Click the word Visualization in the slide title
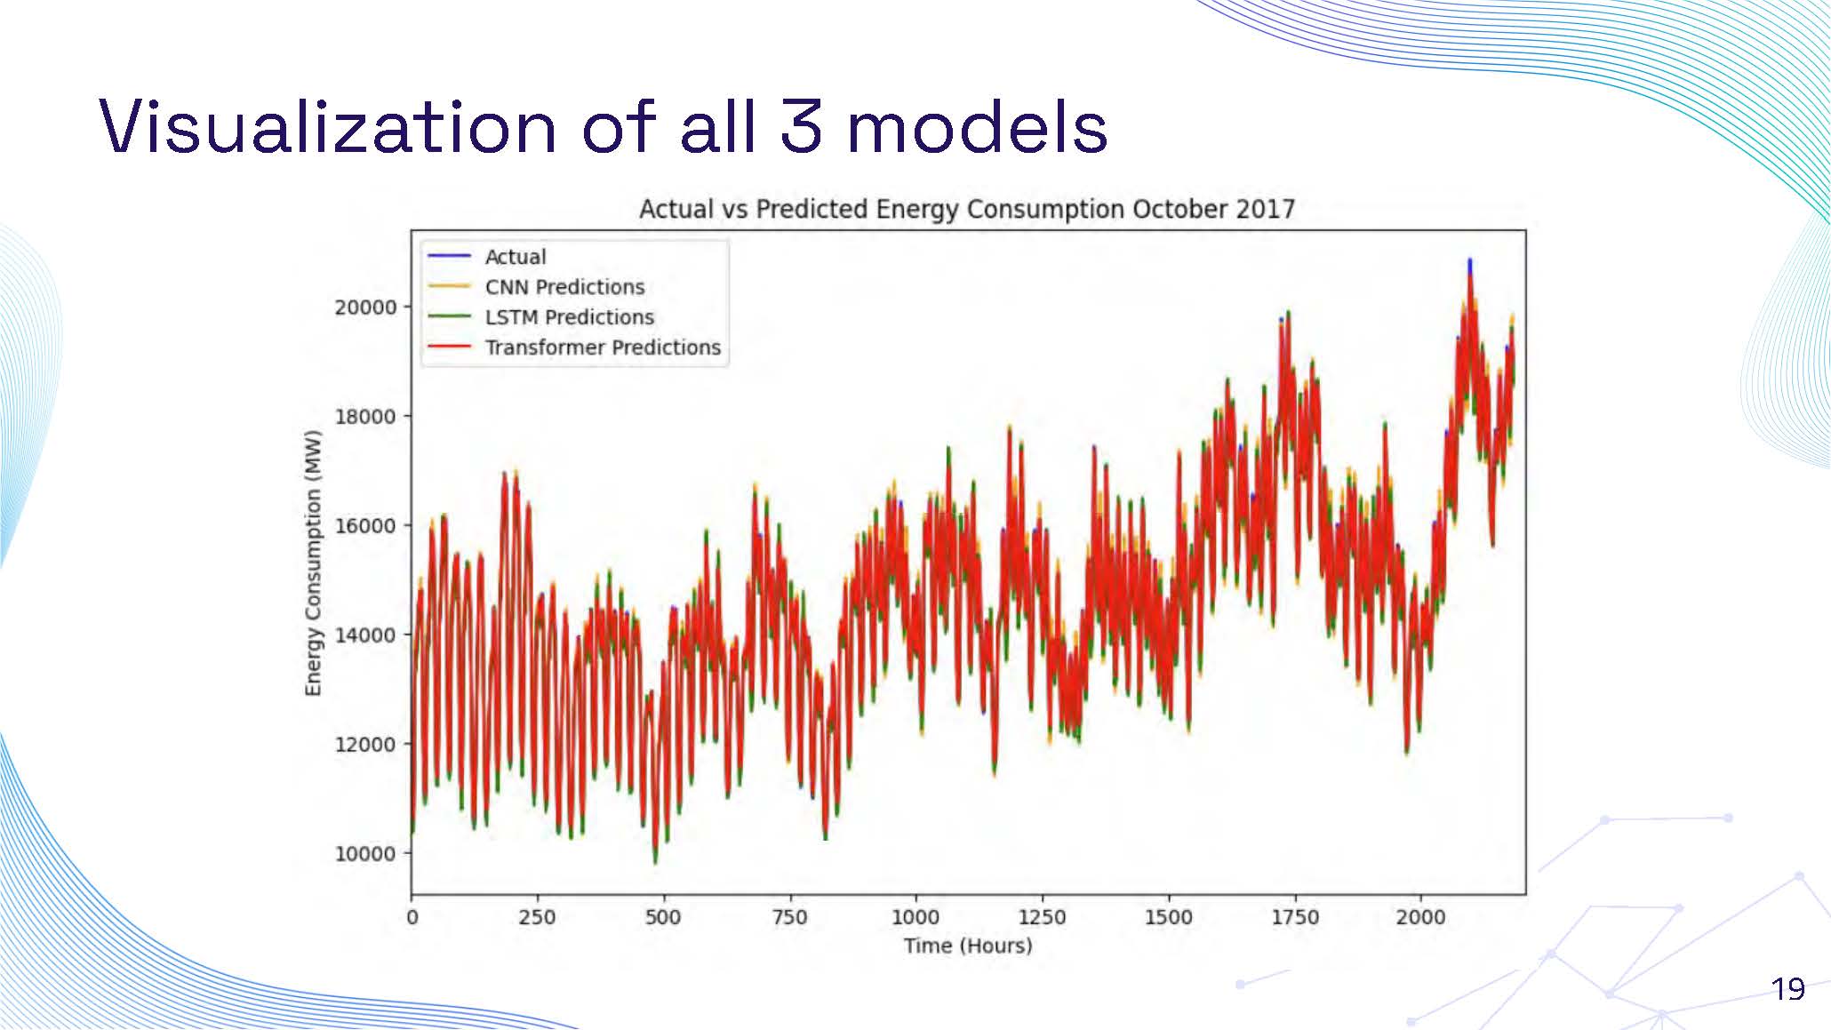[327, 127]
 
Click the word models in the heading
[977, 127]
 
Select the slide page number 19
[1787, 988]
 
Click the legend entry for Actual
[515, 257]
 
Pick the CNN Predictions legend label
[564, 287]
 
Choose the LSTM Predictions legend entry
[569, 317]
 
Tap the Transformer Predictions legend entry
[602, 347]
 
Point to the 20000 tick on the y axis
[365, 307]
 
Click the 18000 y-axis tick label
[365, 417]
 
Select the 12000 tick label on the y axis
[365, 745]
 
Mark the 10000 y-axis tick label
[365, 854]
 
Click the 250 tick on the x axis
[537, 917]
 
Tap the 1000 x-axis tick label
[915, 917]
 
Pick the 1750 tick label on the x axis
[1294, 917]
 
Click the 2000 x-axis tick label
[1420, 917]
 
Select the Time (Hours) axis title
[968, 946]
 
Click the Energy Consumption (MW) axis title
[313, 563]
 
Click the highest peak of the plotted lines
[1469, 261]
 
